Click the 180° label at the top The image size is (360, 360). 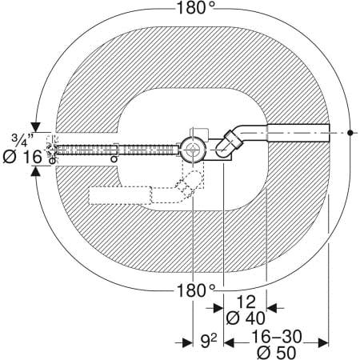[x=195, y=7]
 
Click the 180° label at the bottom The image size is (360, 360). [x=195, y=290]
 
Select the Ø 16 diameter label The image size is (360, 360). [x=22, y=157]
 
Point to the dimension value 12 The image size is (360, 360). [x=246, y=302]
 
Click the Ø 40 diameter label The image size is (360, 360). [x=246, y=318]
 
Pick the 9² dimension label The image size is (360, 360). [x=209, y=341]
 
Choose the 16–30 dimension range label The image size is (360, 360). [x=277, y=337]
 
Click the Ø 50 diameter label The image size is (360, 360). [x=277, y=353]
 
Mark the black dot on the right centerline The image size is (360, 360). [x=350, y=133]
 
